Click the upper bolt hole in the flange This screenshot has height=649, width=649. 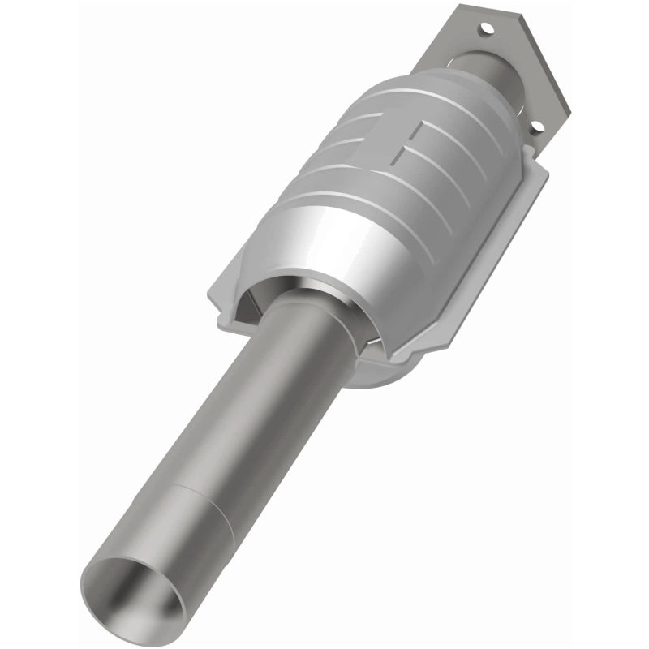pyautogui.click(x=487, y=28)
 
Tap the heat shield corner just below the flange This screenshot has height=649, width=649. pyautogui.click(x=535, y=170)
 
